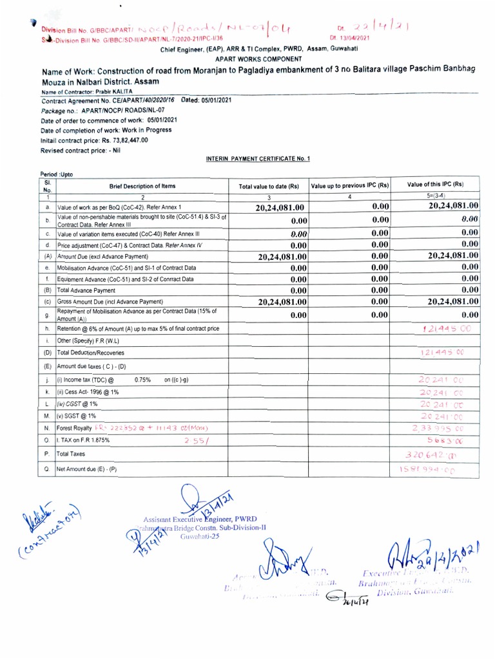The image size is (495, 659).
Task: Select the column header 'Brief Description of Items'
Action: coord(142,186)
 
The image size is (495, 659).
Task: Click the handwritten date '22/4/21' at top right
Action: coord(386,27)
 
